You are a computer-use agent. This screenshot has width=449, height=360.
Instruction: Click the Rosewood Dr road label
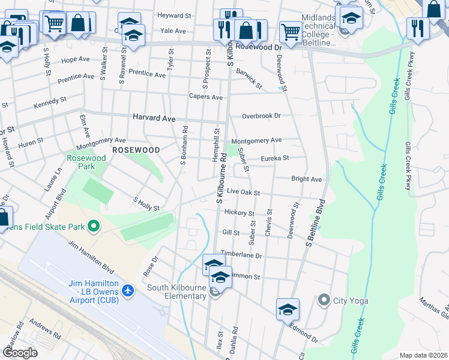[259, 46]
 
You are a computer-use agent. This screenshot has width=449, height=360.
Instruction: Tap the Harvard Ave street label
[154, 119]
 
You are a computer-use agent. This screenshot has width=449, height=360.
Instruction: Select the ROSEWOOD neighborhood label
[136, 149]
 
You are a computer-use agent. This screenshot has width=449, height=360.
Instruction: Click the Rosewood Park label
[86, 162]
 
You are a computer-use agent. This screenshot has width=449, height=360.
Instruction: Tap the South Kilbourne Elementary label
[176, 292]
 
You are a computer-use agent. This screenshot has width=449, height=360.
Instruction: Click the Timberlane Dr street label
[241, 255]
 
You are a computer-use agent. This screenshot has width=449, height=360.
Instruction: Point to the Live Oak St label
[243, 193]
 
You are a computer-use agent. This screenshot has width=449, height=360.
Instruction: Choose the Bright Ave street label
[306, 179]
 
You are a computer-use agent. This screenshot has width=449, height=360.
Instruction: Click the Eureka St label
[275, 158]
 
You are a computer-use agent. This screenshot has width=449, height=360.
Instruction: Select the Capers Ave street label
[205, 97]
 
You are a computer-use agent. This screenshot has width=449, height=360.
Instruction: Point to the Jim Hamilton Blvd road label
[91, 259]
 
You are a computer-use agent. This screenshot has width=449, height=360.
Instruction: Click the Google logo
[20, 353]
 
